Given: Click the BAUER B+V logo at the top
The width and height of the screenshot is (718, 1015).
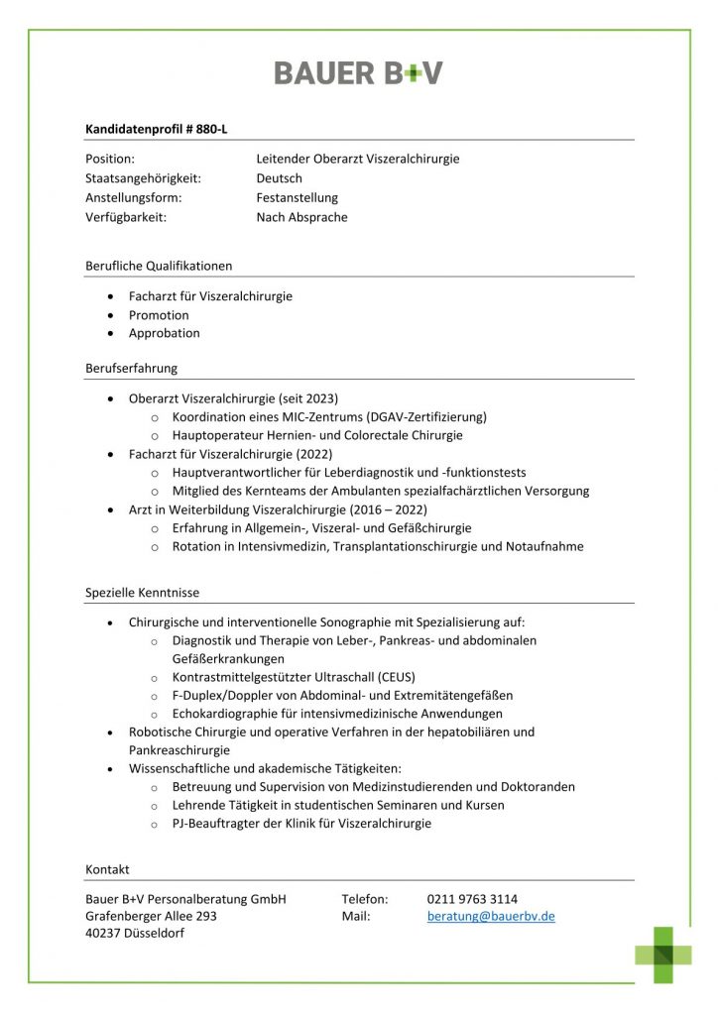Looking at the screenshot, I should (x=358, y=72).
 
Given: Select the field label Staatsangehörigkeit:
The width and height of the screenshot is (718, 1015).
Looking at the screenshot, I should (x=143, y=178).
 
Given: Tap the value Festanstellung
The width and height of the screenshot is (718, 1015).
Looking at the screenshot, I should (x=297, y=198).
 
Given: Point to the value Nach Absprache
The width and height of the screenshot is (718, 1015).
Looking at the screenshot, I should (x=301, y=217).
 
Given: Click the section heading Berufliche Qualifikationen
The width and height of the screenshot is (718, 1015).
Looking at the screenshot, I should (x=159, y=266).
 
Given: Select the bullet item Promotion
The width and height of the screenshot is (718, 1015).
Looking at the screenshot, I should (x=159, y=315).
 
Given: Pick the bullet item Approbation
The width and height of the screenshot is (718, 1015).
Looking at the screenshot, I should (x=164, y=333).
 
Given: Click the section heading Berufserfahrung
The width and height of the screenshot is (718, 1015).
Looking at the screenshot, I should (x=131, y=368).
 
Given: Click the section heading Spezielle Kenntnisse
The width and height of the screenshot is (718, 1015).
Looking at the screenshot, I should (x=142, y=593).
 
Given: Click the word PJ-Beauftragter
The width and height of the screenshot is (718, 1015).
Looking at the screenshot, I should (x=216, y=823).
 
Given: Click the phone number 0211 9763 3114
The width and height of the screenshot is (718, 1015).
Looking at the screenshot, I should (x=472, y=899).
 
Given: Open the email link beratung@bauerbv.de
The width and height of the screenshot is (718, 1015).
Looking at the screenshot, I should (x=491, y=917).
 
